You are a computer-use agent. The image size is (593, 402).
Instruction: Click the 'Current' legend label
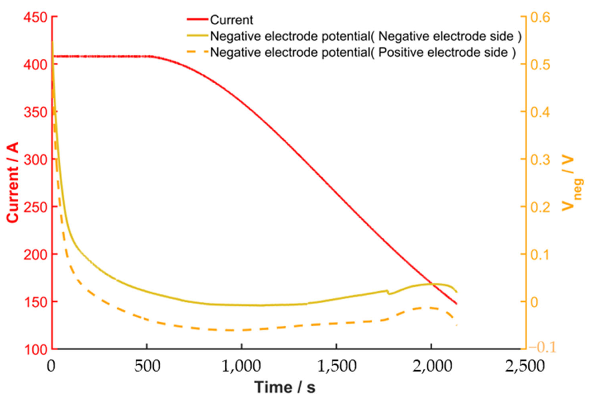coord(231,20)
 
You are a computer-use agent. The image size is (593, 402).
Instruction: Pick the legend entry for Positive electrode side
coord(362,53)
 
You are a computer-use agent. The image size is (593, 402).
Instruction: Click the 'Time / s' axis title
coord(285,387)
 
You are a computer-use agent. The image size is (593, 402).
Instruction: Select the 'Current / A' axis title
coord(13,182)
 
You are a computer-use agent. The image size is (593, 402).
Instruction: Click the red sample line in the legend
coord(197,19)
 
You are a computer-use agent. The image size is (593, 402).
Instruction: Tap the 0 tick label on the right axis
coord(535,302)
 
